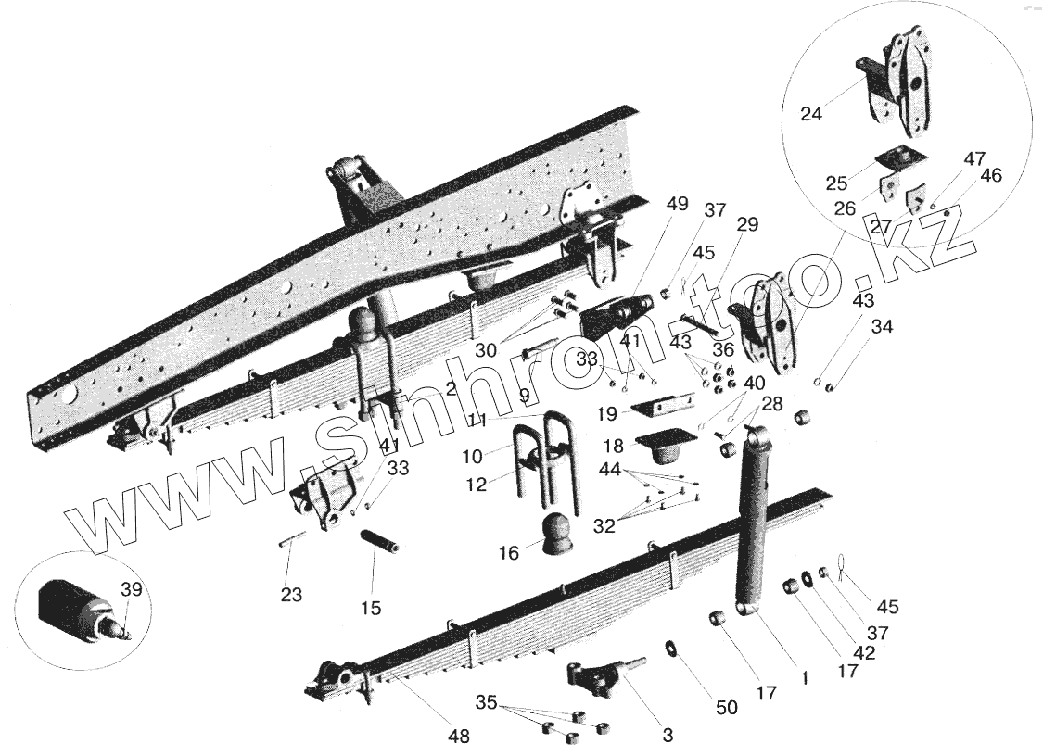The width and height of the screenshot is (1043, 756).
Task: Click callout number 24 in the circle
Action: pyautogui.click(x=811, y=115)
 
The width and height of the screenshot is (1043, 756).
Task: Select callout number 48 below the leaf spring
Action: pyautogui.click(x=458, y=737)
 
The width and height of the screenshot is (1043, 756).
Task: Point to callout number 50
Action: pyautogui.click(x=727, y=708)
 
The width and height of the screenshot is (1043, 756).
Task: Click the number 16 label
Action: pyautogui.click(x=509, y=553)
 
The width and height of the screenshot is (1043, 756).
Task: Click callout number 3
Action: pyautogui.click(x=668, y=736)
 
